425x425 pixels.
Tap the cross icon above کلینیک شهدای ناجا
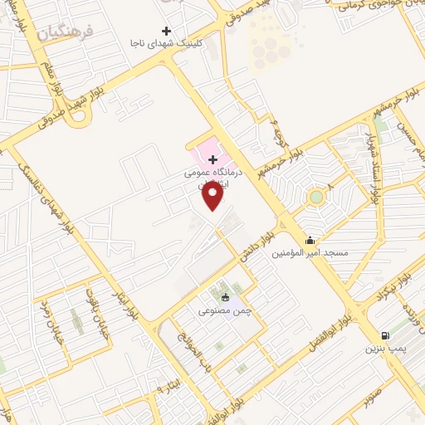click(167, 32)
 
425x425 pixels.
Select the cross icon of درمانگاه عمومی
click(213, 159)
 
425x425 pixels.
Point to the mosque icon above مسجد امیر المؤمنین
click(310, 239)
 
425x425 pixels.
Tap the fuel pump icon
click(383, 335)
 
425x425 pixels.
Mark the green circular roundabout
click(315, 198)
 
